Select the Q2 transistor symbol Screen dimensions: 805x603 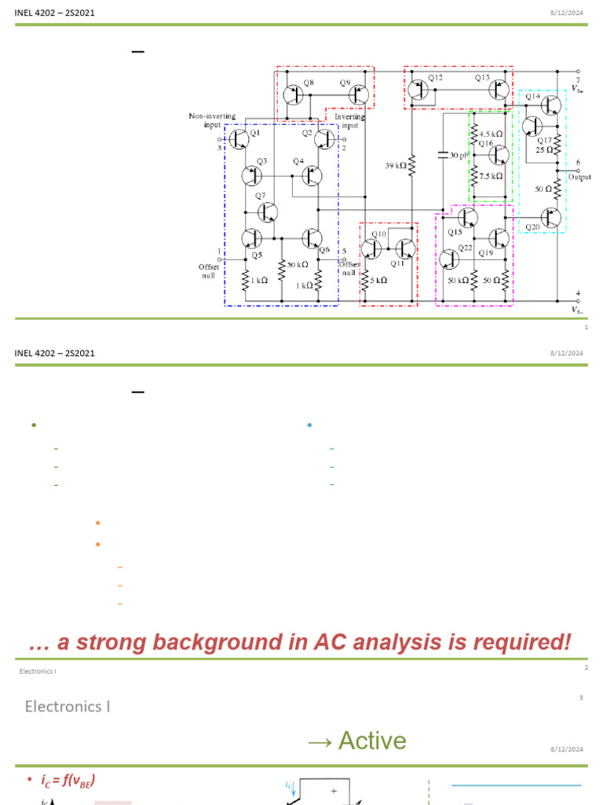point(325,140)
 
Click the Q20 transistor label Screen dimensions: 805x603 point(533,227)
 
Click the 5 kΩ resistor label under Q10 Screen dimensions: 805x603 point(377,280)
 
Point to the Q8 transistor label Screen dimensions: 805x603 point(308,83)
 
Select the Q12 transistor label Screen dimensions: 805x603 point(436,78)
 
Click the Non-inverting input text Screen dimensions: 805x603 point(212,120)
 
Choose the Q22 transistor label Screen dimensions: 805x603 point(466,248)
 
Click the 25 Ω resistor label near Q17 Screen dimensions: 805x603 point(545,149)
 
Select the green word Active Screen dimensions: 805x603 point(372,741)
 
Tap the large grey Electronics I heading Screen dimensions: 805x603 point(68,706)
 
